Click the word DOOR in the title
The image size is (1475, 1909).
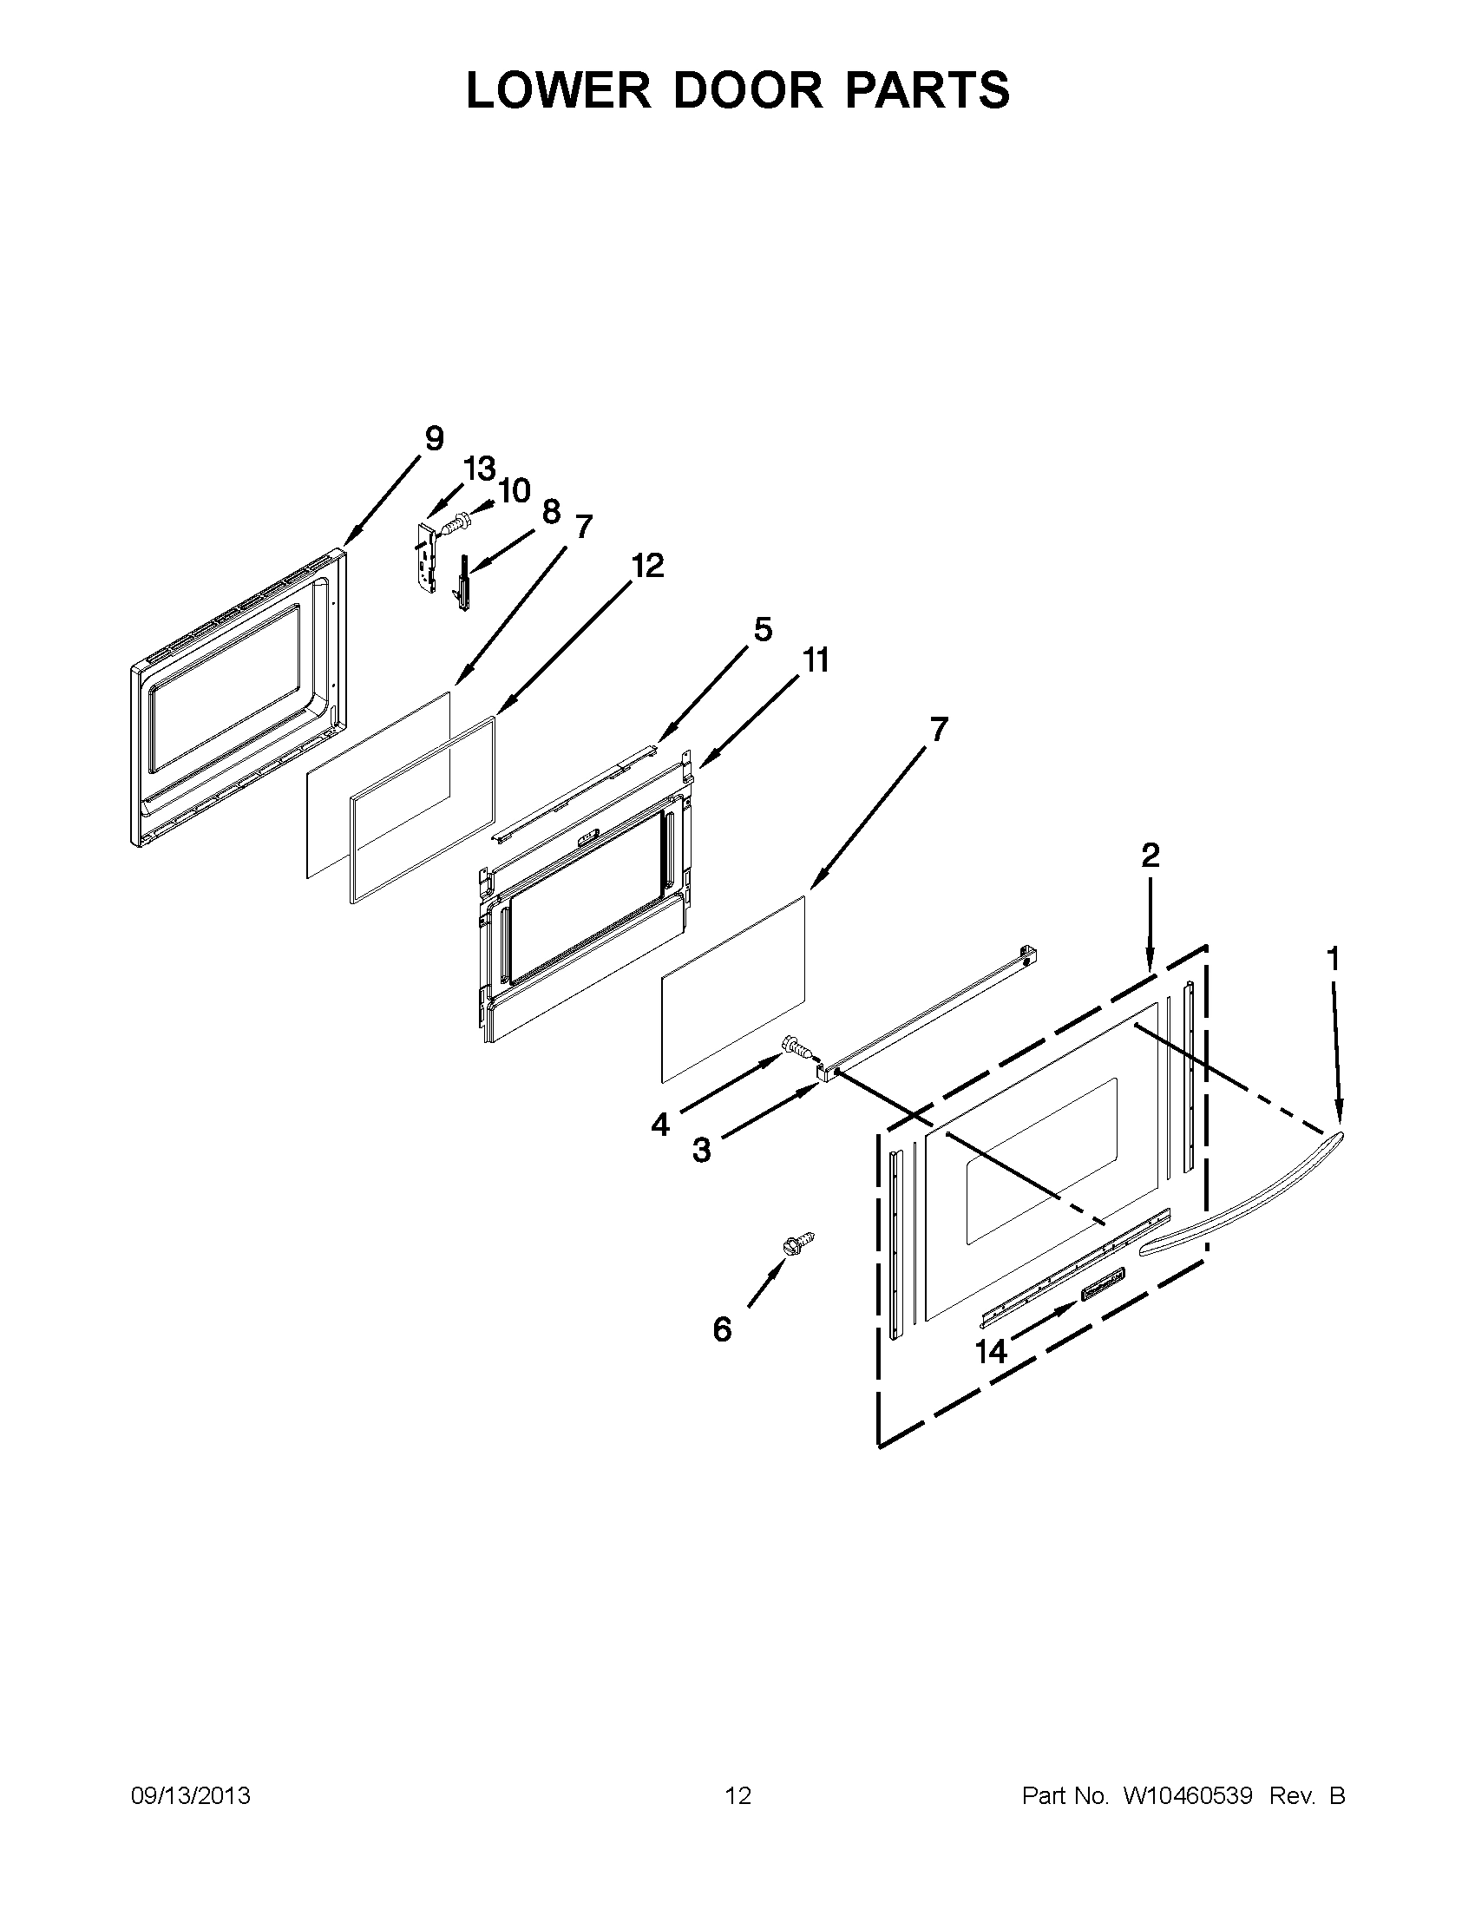point(747,89)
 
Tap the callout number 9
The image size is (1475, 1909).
point(434,438)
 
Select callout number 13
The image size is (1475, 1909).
point(479,469)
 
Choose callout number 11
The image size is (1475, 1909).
point(816,660)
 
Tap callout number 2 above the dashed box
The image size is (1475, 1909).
point(1150,854)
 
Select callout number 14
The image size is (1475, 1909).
point(991,1351)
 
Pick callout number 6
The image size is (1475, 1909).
point(722,1329)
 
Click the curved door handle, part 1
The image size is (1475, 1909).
point(1241,1219)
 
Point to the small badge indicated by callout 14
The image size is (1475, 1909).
point(1103,1296)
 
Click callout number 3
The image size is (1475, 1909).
point(701,1151)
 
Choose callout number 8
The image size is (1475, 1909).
point(550,511)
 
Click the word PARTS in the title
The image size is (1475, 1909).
point(928,89)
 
